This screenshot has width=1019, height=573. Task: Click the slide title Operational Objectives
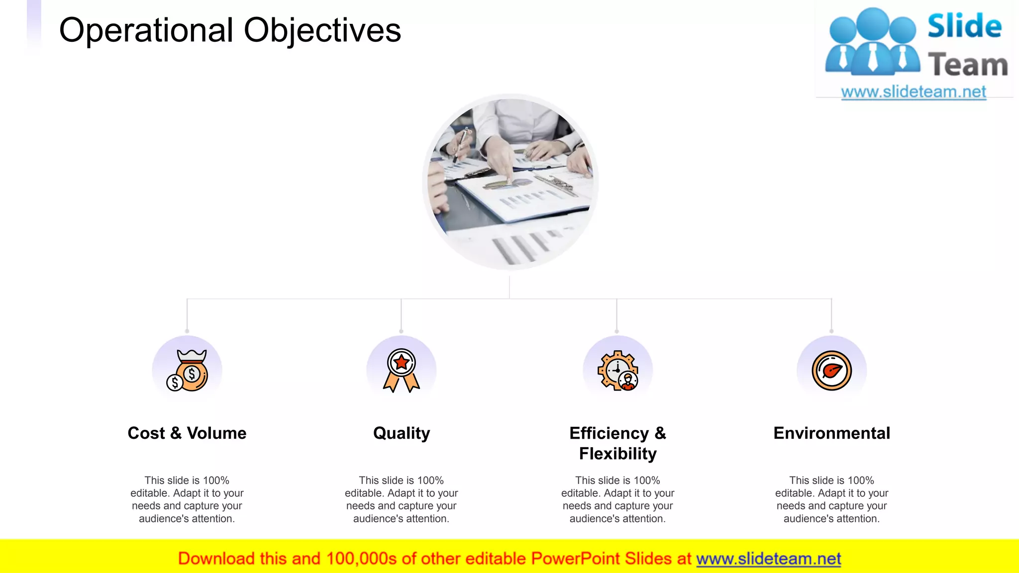(230, 30)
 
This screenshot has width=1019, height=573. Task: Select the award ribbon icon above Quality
(402, 371)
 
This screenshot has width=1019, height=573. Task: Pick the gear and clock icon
(617, 371)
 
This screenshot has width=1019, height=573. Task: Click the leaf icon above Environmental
(832, 371)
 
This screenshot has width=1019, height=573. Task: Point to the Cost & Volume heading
(187, 433)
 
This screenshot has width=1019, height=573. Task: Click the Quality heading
(402, 433)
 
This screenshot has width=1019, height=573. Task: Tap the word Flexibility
(617, 454)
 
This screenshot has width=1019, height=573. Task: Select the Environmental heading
(832, 433)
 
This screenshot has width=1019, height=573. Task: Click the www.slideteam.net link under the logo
(914, 92)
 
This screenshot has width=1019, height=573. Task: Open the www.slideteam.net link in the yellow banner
(768, 559)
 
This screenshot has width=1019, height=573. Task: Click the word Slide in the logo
(964, 26)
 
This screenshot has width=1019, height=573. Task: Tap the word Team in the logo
(968, 65)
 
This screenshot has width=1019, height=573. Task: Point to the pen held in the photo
(460, 144)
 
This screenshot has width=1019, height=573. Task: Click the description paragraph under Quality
(402, 499)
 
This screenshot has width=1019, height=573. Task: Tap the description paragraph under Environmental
(832, 499)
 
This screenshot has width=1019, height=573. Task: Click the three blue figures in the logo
(872, 42)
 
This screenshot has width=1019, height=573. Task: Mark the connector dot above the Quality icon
(401, 331)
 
